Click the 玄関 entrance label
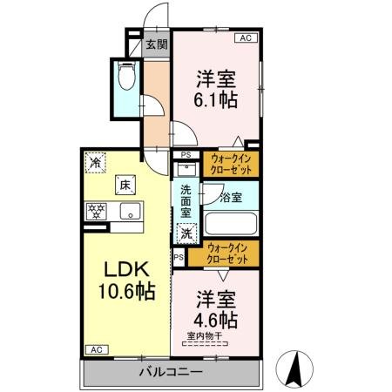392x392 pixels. [157, 44]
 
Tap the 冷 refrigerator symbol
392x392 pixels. [95, 162]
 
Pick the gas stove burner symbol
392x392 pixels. [95, 210]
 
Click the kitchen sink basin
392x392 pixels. [130, 211]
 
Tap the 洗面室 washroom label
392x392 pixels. [186, 199]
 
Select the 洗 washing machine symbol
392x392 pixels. [187, 233]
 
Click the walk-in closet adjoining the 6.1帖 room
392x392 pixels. [231, 164]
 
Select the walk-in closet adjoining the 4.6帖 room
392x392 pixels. [230, 254]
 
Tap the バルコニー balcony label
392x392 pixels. [171, 372]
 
